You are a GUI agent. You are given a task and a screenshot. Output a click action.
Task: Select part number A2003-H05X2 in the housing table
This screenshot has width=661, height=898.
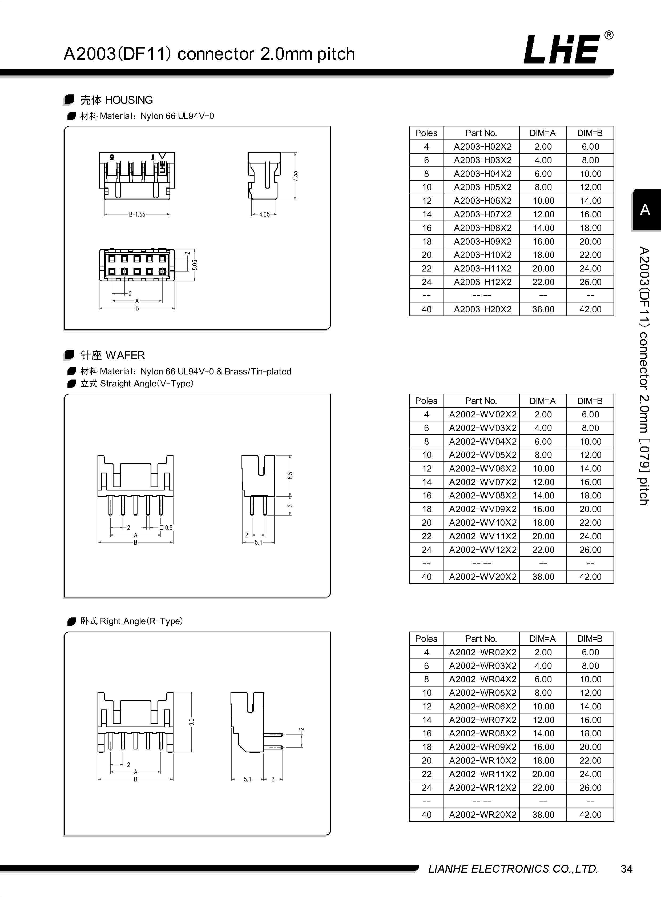pos(482,187)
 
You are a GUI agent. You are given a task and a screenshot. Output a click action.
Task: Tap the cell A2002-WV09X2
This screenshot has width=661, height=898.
pos(482,509)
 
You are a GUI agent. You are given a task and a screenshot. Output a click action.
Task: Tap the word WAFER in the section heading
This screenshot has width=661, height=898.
pos(125,355)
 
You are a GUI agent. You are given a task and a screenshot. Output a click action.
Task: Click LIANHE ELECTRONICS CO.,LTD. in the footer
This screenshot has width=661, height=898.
pos(513,869)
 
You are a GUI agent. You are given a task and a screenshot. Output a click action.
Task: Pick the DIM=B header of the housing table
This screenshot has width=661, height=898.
pos(590,133)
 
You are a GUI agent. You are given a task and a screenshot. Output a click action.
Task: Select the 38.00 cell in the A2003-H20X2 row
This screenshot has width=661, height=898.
pos(543,309)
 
